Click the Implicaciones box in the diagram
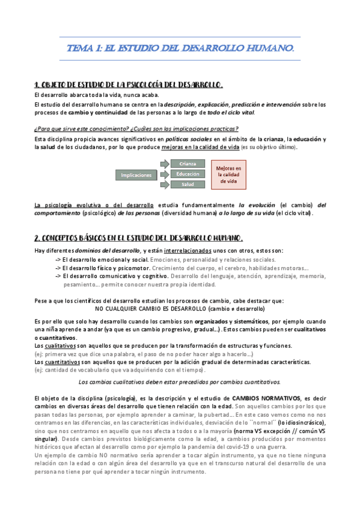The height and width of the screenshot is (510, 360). pos(136,175)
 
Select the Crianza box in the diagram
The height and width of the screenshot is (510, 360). pos(188,164)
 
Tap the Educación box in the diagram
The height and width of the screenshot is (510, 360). pos(188,174)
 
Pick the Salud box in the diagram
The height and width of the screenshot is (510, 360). pos(188,184)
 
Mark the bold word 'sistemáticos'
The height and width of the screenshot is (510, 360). pos(252,322)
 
